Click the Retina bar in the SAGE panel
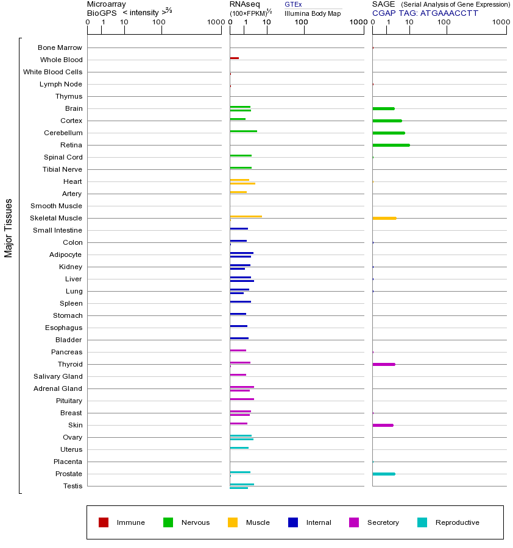coord(391,145)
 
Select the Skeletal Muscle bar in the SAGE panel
coord(384,218)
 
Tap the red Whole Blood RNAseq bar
coord(234,58)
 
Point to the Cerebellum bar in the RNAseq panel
coord(243,131)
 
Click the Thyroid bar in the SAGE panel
coord(383,364)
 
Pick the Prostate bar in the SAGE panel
coord(383,474)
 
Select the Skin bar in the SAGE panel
coord(383,425)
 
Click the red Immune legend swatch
coord(104,522)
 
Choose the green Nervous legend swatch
coord(168,522)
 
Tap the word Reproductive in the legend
coord(457,522)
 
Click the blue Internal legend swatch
coord(293,522)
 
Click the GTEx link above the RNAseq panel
coord(293,4)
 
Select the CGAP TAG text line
coord(425,13)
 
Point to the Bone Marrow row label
coord(60,47)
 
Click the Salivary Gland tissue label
coord(59,376)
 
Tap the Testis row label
coord(73,486)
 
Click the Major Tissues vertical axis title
coord(9,228)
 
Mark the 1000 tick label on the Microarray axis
coord(214,23)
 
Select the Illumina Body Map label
coord(313,13)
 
